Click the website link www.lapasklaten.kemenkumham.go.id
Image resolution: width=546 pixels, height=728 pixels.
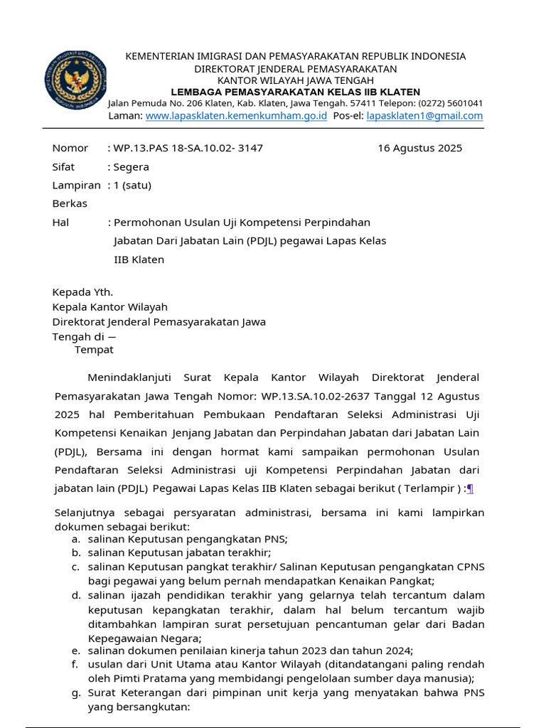pyautogui.click(x=236, y=116)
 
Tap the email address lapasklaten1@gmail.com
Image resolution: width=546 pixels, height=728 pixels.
pyautogui.click(x=424, y=116)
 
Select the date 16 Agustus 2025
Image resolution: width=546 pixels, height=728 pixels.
pyautogui.click(x=419, y=148)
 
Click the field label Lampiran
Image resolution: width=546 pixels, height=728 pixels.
pyautogui.click(x=76, y=186)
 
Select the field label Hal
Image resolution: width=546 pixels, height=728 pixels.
pyautogui.click(x=60, y=223)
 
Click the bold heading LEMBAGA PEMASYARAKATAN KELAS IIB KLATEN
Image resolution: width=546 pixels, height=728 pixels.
pyautogui.click(x=295, y=92)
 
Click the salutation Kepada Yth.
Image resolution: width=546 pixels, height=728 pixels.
pyautogui.click(x=82, y=292)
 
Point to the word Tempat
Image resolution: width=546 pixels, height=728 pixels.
pyautogui.click(x=94, y=350)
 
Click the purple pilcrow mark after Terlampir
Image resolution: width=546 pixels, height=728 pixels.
pyautogui.click(x=470, y=488)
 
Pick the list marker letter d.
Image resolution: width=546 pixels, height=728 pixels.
pyautogui.click(x=75, y=595)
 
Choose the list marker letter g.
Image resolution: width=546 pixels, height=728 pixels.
pyautogui.click(x=75, y=692)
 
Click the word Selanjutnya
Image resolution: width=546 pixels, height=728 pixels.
pyautogui.click(x=86, y=513)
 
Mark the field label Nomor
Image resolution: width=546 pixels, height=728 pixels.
pyautogui.click(x=70, y=148)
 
